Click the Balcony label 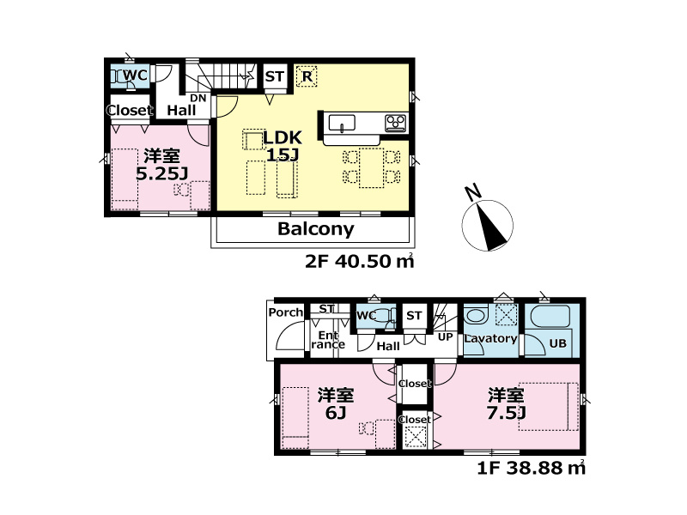point(315,229)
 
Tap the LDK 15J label point(283,146)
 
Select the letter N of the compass point(473,192)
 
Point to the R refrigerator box point(307,76)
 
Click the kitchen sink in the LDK point(342,123)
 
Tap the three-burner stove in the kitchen point(396,123)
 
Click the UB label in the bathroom point(557,343)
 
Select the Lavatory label point(490,338)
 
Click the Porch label point(286,312)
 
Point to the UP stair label point(445,336)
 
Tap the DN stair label point(198,98)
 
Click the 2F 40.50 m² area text point(359,262)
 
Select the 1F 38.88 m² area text point(531,468)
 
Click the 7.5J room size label point(506,413)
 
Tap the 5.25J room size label point(161,174)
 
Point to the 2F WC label point(135,75)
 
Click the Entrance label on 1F point(328,340)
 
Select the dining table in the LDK point(372,167)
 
